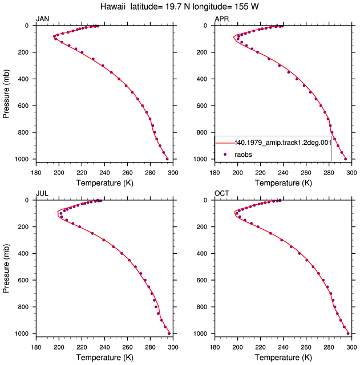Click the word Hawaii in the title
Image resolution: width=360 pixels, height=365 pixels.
coord(113,6)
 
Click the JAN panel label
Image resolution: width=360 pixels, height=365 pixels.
coord(42,19)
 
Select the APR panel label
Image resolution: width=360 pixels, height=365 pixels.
coord(221,19)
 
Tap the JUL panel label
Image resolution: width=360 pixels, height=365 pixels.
coord(42,193)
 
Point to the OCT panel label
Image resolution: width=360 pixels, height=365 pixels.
coord(222,193)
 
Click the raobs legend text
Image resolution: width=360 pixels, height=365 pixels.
coord(243,155)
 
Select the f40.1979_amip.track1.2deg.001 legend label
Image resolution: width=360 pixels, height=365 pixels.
coord(283,142)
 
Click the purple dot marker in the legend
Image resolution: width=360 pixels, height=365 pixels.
coord(225,154)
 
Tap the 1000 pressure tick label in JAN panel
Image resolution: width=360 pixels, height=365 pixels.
coord(22,159)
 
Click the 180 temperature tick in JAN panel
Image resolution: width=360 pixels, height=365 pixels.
coord(36,173)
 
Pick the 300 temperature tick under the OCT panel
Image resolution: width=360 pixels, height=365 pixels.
coord(351,347)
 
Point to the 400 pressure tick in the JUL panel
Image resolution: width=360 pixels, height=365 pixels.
coord(23,253)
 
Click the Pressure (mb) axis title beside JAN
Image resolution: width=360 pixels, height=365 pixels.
coord(6,94)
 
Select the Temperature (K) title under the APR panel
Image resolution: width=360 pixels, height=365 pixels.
coord(283,183)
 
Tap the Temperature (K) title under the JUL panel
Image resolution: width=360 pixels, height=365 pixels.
coord(105,358)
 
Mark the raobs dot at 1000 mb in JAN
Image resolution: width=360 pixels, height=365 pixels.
coord(167,159)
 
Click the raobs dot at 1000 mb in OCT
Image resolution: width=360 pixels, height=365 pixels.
coord(348,334)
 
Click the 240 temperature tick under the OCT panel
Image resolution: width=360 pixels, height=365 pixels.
coord(283,347)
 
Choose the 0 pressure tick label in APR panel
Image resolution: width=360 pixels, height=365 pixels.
coord(205,26)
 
